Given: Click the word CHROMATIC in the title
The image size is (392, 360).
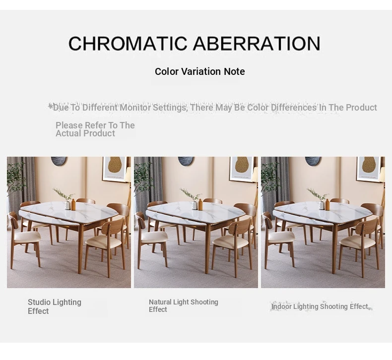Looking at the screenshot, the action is click(x=128, y=43).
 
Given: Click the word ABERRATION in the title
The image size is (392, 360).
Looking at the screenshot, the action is click(x=257, y=43).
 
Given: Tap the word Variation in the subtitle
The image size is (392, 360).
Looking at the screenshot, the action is click(x=201, y=71).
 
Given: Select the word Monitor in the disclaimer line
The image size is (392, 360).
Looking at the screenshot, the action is click(x=135, y=108).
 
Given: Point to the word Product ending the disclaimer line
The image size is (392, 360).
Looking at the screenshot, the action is click(x=362, y=108).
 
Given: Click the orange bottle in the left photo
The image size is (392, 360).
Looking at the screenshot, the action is click(x=73, y=204).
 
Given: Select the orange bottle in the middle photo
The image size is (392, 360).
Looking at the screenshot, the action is click(x=200, y=204).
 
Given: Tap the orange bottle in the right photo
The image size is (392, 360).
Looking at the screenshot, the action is click(x=327, y=204).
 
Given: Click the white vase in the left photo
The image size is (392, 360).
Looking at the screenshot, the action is click(x=68, y=205).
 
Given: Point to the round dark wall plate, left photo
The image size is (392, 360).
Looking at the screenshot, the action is click(x=59, y=161).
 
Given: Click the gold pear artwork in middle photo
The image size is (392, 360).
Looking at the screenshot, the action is click(x=242, y=166).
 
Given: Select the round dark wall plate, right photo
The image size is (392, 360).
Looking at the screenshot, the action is click(x=313, y=161).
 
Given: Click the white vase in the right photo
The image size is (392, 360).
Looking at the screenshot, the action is click(x=322, y=205).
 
